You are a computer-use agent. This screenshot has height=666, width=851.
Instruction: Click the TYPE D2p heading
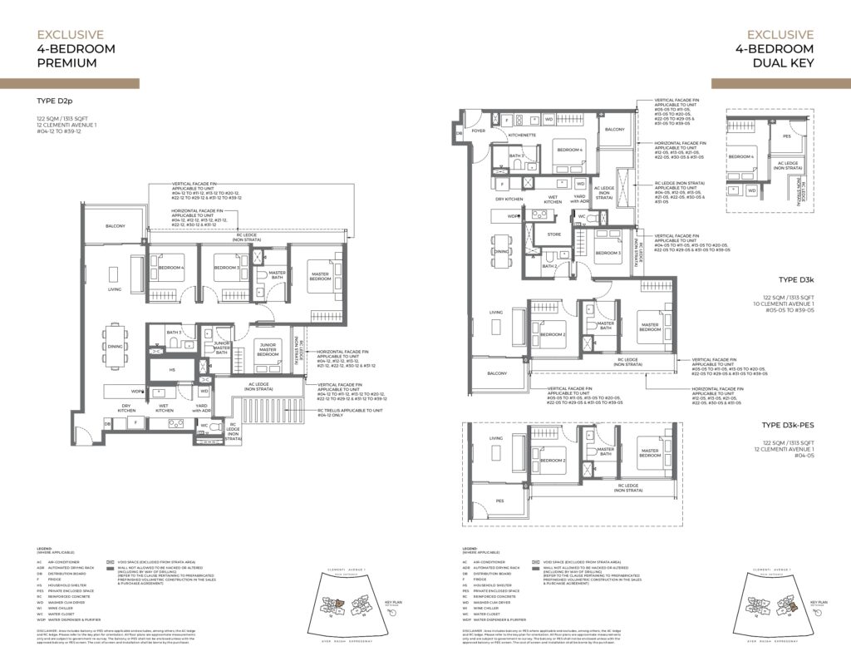[57, 101]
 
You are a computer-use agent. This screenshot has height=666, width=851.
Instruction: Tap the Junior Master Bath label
[222, 348]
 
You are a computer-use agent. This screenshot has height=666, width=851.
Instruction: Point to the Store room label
[553, 234]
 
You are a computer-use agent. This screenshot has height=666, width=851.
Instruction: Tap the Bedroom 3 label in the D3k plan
[608, 253]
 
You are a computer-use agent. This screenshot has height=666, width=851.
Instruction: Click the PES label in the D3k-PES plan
[499, 501]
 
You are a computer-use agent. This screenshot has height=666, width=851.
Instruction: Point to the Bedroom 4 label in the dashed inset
[741, 155]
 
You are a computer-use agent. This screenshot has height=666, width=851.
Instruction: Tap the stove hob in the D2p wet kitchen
[176, 423]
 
